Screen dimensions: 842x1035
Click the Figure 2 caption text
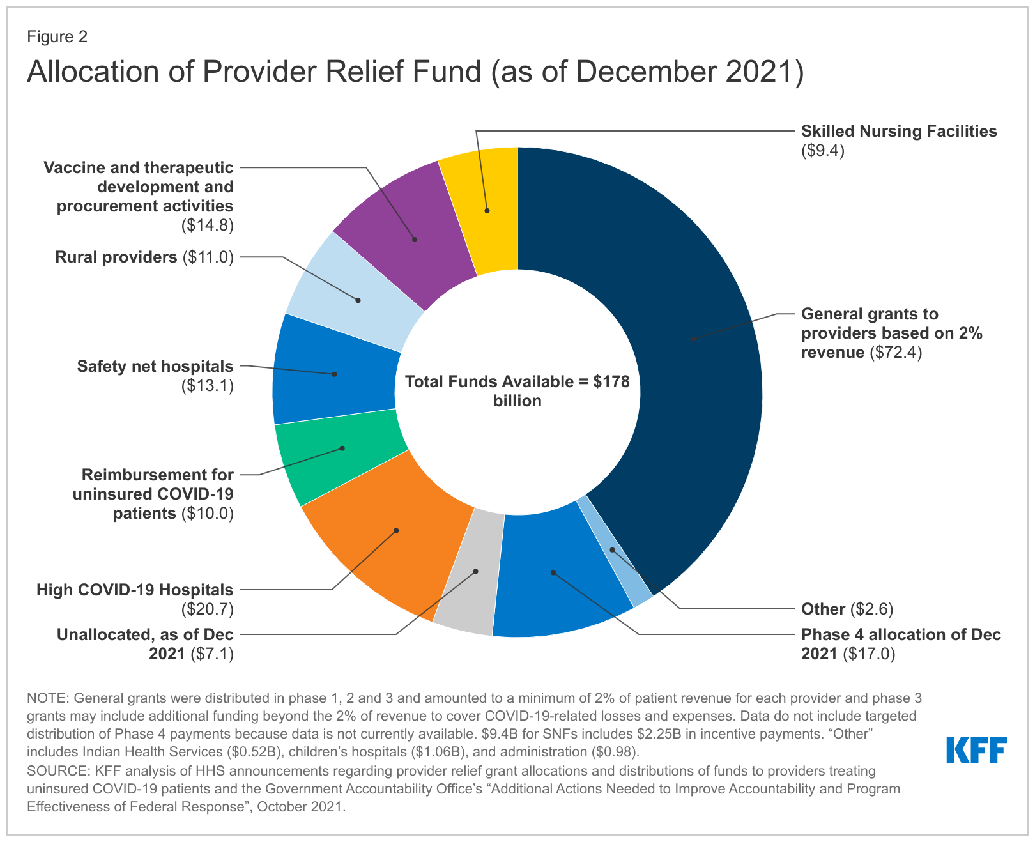point(57,37)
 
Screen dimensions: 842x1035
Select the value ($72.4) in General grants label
point(896,352)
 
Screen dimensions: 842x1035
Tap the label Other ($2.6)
point(847,609)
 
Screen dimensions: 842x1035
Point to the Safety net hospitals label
point(155,367)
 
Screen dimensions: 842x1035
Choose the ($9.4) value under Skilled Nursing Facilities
point(823,151)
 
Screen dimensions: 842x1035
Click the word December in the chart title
point(650,72)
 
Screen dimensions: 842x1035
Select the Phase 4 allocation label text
point(900,634)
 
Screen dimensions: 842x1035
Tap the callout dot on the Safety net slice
point(334,374)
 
